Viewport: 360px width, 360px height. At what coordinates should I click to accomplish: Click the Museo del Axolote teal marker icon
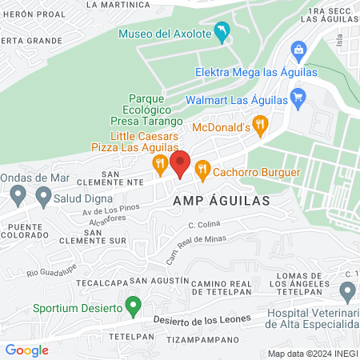point(221,33)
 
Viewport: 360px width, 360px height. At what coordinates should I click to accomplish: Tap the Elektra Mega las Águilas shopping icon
point(298,50)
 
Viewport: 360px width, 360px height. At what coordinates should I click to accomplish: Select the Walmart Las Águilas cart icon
point(298,100)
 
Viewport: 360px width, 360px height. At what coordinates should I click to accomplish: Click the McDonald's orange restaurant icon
point(259,126)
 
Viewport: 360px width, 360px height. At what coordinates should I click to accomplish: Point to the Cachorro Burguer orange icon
point(202,170)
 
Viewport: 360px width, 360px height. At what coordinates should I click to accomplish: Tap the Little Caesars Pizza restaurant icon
point(160,166)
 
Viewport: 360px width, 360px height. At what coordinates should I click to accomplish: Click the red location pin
point(180,163)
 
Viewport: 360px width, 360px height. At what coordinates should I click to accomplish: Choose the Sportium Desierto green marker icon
point(135,306)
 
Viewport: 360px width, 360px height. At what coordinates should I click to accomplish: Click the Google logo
point(26,350)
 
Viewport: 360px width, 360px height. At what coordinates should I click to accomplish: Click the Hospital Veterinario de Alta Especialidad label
point(312,318)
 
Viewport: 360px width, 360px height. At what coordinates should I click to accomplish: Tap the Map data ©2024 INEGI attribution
point(313,354)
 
